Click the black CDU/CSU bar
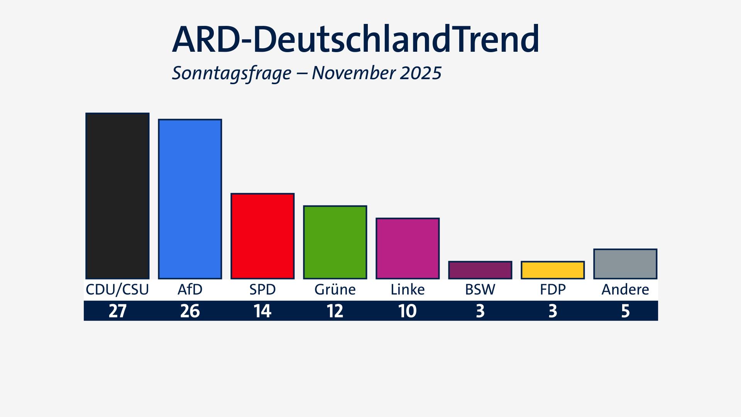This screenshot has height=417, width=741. tap(117, 196)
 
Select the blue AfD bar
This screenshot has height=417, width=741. tap(190, 199)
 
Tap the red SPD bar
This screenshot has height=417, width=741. tap(262, 236)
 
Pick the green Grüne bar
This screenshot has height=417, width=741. tap(335, 242)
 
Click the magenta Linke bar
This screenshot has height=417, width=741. tap(408, 248)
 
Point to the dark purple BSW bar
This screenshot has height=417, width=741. tap(480, 270)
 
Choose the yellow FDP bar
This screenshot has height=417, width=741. tap(553, 270)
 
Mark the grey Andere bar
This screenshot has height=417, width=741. tap(625, 264)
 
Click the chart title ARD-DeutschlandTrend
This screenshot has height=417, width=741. tap(355, 40)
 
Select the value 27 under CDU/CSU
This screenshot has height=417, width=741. tap(117, 311)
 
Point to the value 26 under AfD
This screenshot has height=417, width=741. tap(190, 311)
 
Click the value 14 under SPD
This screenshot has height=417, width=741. tap(262, 311)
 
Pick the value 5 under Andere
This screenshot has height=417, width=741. tap(625, 311)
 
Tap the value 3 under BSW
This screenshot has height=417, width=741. tap(480, 311)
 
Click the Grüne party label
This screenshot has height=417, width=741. tap(335, 290)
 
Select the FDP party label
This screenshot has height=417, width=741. tap(553, 290)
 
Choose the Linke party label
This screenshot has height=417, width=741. tap(408, 290)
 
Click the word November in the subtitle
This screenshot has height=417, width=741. tap(353, 73)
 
